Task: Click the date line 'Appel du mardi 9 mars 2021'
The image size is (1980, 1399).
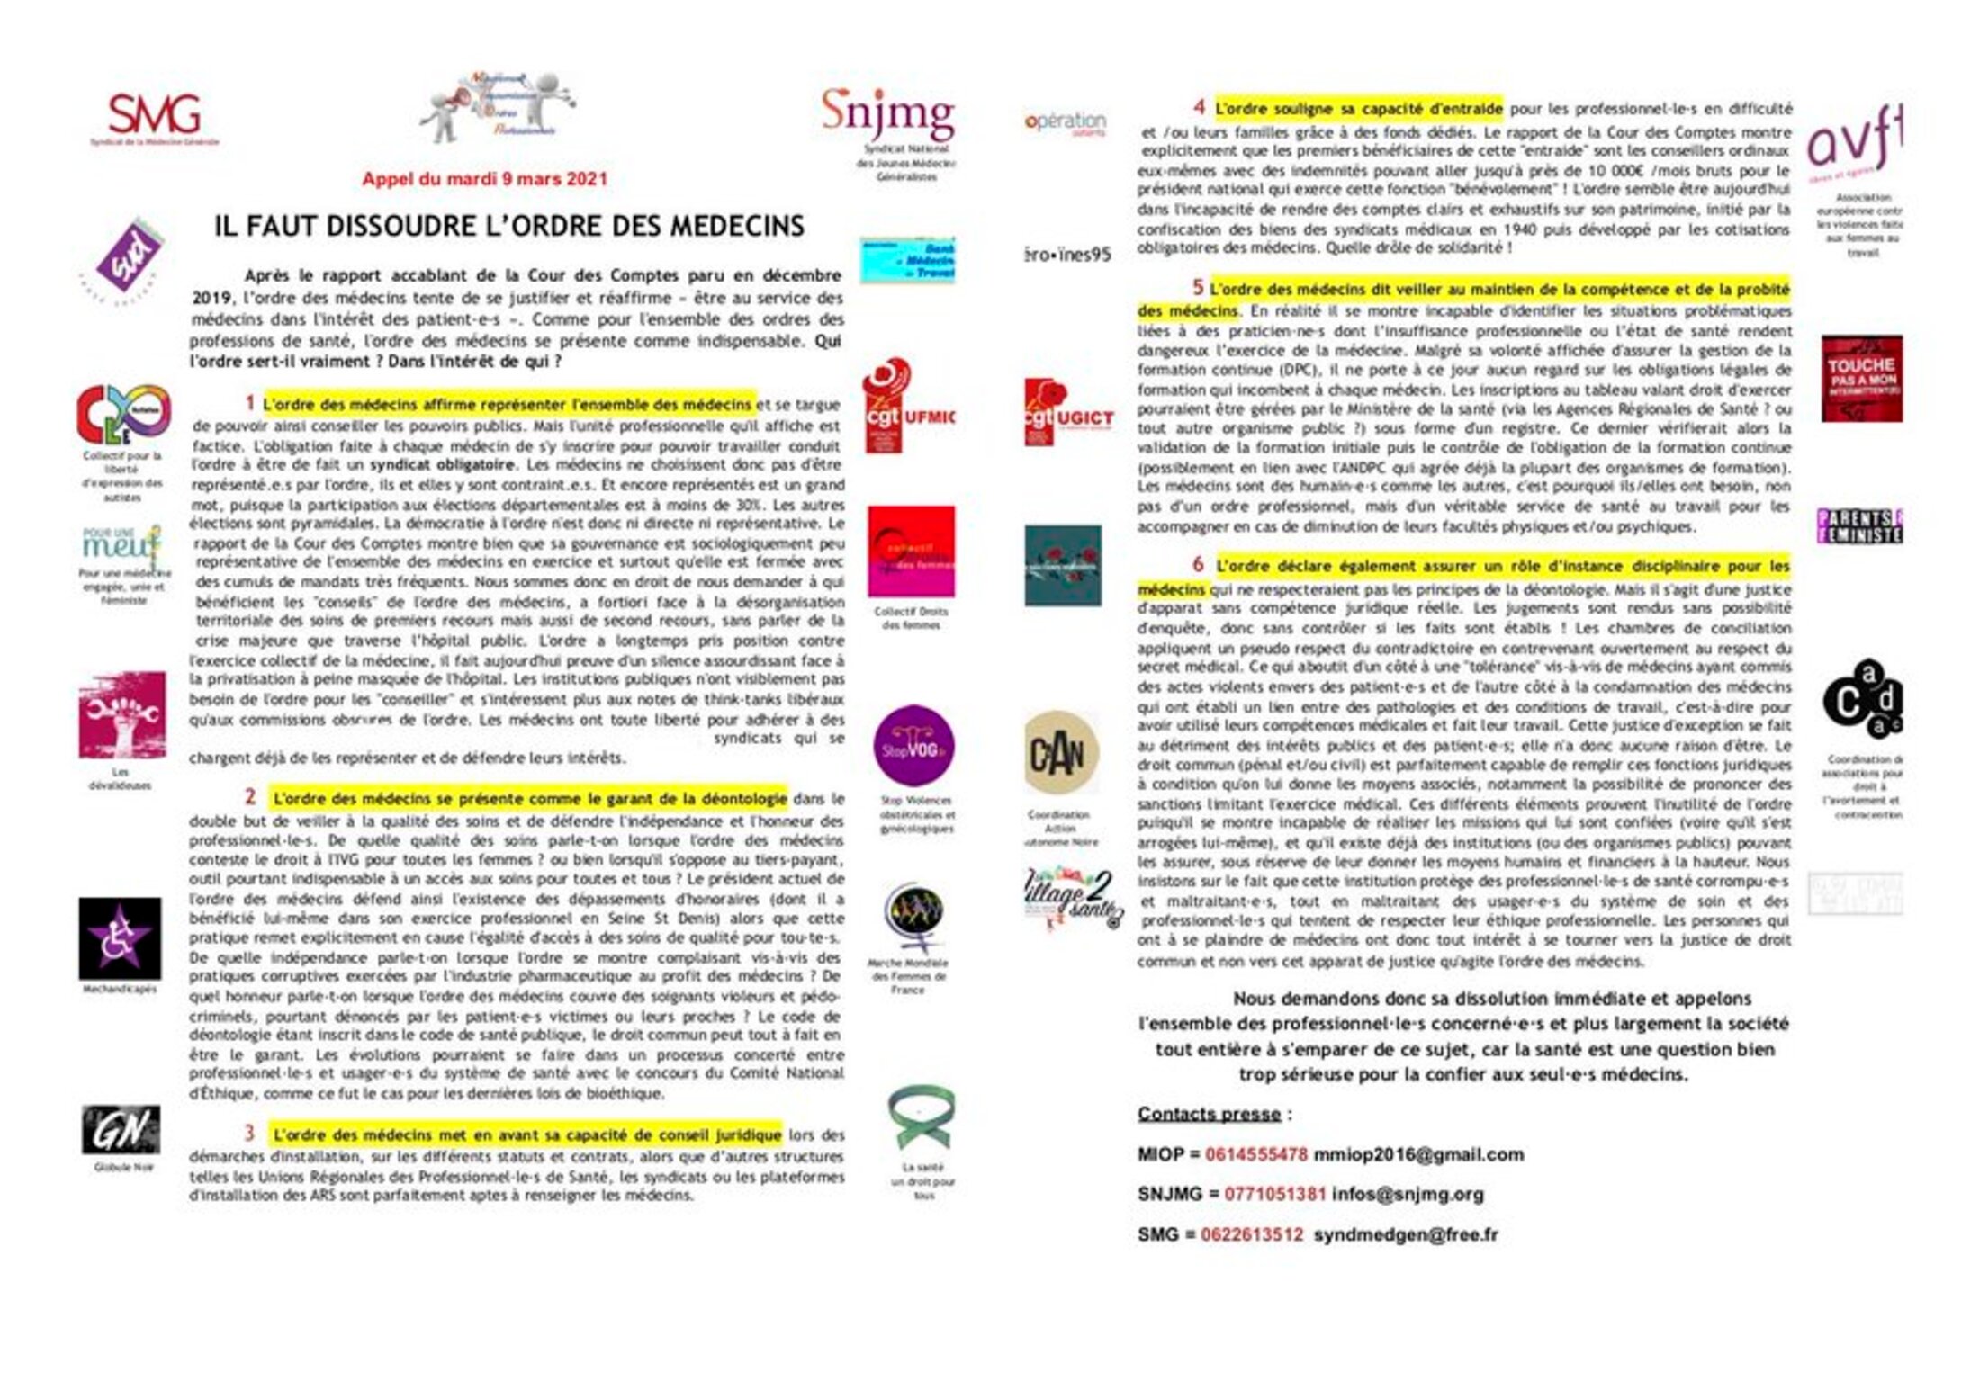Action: tap(484, 178)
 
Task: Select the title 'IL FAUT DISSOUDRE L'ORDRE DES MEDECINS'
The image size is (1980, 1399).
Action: tap(508, 225)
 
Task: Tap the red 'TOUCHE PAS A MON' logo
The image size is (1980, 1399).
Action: tap(1861, 378)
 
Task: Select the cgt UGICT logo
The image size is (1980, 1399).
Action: tap(1068, 412)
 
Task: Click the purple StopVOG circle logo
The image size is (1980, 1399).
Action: tap(913, 746)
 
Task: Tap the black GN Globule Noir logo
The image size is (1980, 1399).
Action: tap(121, 1129)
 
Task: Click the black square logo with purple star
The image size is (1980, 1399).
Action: tap(120, 937)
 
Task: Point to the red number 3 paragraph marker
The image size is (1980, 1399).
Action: tap(249, 1133)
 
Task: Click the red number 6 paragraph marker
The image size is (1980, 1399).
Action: tap(1198, 564)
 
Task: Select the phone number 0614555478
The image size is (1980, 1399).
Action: tap(1256, 1154)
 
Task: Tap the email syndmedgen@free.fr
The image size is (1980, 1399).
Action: tap(1406, 1234)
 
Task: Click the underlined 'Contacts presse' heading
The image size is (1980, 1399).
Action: tap(1208, 1114)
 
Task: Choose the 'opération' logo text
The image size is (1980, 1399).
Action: tap(1066, 121)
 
